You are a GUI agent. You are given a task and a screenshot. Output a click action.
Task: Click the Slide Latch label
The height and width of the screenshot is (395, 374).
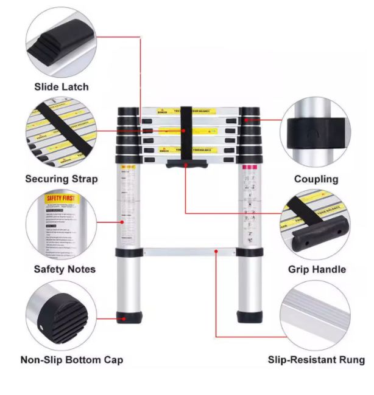(x=61, y=87)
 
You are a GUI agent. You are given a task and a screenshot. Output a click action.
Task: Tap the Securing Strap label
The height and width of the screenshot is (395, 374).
(x=61, y=179)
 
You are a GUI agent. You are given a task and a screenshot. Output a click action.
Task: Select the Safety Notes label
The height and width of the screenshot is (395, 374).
(x=65, y=269)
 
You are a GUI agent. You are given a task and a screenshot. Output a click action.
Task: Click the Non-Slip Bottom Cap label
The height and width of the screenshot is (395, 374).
(x=72, y=360)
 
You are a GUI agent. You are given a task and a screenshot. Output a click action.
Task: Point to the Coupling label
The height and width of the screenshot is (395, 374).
(x=316, y=179)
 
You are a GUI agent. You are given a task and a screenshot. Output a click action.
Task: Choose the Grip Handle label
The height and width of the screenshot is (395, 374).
(x=316, y=269)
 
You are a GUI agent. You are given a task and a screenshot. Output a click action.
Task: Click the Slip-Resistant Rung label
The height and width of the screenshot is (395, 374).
(x=316, y=360)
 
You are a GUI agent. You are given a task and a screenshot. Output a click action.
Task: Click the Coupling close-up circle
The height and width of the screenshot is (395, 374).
(x=315, y=134)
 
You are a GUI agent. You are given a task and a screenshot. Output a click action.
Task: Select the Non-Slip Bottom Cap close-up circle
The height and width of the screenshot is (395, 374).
(x=61, y=316)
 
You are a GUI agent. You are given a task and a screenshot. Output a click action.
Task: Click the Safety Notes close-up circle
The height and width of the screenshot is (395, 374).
(x=61, y=225)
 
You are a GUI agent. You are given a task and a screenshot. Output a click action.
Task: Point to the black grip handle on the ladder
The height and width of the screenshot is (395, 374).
(x=185, y=164)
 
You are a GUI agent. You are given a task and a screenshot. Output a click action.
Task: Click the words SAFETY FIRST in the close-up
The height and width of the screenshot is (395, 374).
(x=62, y=198)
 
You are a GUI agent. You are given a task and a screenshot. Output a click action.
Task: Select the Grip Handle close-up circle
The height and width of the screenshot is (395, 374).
(x=315, y=225)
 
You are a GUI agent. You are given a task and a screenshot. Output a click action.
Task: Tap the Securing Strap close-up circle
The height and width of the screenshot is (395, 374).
(x=61, y=134)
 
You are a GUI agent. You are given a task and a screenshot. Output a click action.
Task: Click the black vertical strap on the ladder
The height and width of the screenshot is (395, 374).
(x=186, y=131)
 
